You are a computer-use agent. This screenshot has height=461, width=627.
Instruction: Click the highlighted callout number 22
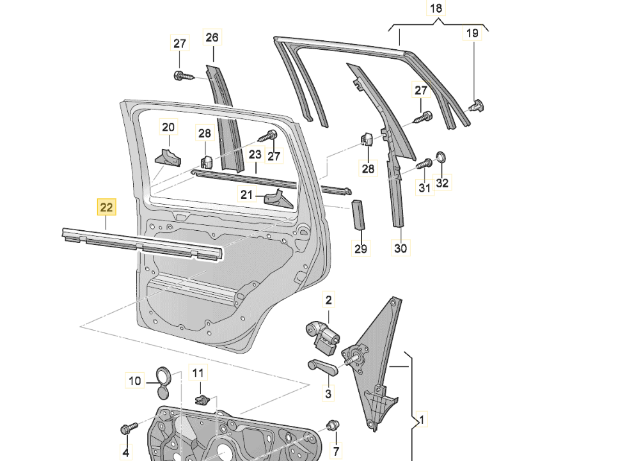click(x=106, y=207)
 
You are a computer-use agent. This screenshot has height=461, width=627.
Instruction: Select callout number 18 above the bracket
click(x=436, y=8)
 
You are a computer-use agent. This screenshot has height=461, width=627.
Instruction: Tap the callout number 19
click(x=472, y=33)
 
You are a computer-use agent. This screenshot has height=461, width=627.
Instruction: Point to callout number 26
click(x=212, y=37)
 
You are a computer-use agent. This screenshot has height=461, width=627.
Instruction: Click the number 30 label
click(x=401, y=248)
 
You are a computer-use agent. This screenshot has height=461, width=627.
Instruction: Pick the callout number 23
click(x=255, y=154)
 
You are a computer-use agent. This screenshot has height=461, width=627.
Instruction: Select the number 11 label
click(x=198, y=373)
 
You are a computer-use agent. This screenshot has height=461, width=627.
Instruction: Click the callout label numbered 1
click(x=422, y=419)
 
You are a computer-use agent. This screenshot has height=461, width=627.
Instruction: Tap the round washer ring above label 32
click(x=440, y=158)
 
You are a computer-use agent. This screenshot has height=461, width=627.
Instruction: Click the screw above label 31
click(x=424, y=164)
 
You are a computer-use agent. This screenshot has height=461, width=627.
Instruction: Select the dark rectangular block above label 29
click(x=358, y=215)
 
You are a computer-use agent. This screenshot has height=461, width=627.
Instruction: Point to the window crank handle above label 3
click(x=322, y=367)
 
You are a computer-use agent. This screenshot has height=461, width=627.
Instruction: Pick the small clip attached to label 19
click(x=477, y=106)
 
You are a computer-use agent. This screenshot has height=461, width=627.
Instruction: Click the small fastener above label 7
click(x=333, y=425)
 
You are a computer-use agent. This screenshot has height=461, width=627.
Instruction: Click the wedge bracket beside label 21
click(x=279, y=199)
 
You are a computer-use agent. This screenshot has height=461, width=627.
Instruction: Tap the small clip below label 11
click(x=203, y=399)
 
